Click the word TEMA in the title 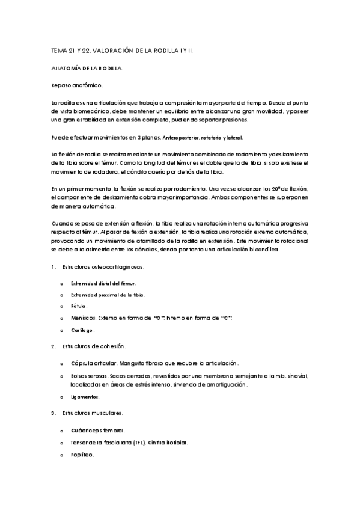pyautogui.click(x=59, y=52)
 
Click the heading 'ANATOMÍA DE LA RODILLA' pyautogui.click(x=87, y=69)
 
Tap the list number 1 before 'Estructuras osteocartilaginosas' pyautogui.click(x=53, y=266)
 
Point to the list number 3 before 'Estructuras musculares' pyautogui.click(x=53, y=413)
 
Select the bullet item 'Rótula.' pyautogui.click(x=79, y=305)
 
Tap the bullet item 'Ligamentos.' pyautogui.click(x=85, y=398)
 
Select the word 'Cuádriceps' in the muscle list pyautogui.click(x=86, y=431)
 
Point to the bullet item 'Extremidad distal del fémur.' pyautogui.click(x=103, y=282)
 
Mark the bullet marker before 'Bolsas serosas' pyautogui.click(x=62, y=376)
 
